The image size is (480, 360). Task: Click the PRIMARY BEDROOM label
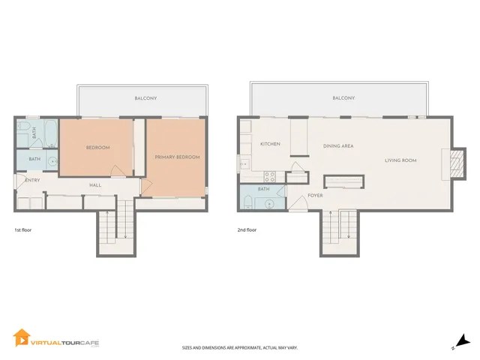pos(177,157)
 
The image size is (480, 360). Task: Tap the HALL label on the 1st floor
pos(95,184)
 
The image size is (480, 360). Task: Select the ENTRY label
pos(32,180)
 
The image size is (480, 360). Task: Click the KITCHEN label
pos(270,143)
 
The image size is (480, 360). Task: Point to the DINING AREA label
pos(338,145)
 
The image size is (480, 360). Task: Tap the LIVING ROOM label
pos(400,160)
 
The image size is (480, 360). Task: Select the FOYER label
pos(316,197)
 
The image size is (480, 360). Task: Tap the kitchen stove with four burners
pos(270,178)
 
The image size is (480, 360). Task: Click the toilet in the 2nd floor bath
pos(248,202)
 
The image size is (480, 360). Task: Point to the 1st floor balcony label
pos(145,98)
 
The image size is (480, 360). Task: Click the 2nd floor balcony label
pos(343,98)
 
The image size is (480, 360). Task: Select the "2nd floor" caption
pos(246,230)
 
